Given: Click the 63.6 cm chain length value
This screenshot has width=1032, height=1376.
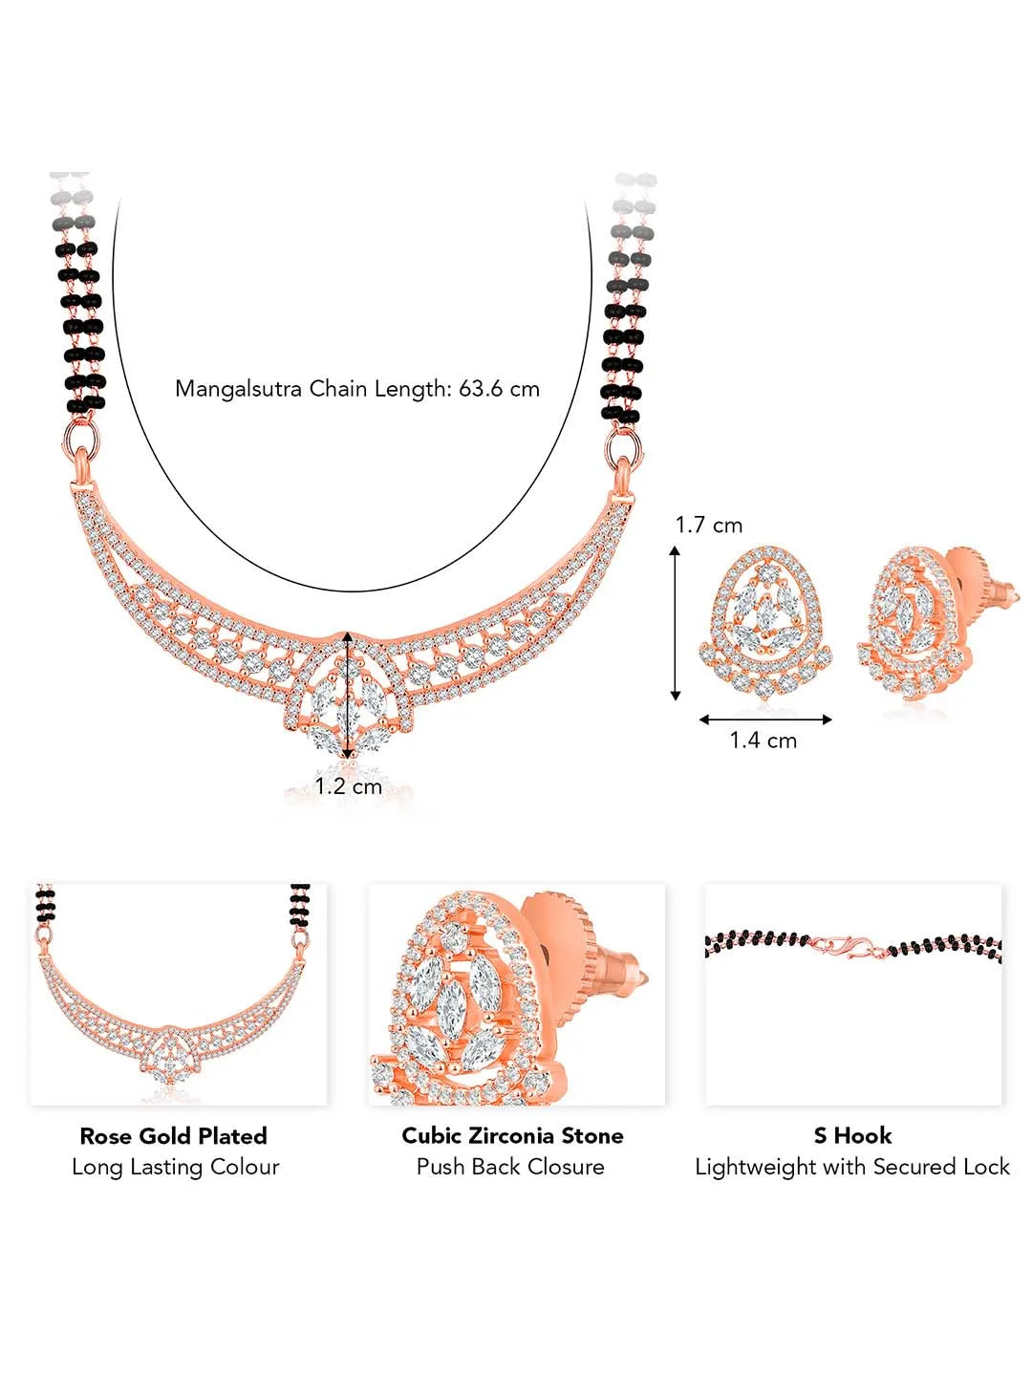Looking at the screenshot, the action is tap(499, 389).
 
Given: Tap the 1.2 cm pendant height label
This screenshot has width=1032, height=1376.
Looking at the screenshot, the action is tap(349, 786).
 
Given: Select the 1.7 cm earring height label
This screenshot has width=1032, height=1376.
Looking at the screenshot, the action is tap(709, 526).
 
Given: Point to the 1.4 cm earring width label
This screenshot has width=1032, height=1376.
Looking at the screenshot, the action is tap(763, 741).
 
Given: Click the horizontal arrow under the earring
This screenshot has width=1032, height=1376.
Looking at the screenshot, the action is tap(765, 720).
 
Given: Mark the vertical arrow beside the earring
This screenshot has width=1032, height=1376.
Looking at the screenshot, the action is tap(675, 623).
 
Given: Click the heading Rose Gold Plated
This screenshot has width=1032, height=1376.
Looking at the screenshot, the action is tap(174, 1135).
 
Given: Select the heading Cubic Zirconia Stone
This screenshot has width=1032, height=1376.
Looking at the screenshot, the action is tap(512, 1135).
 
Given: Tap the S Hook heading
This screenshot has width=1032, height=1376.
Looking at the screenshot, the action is tap(852, 1135).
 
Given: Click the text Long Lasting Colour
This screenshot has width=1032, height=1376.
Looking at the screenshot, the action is tap(176, 1167).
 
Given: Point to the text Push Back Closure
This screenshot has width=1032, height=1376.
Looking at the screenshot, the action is tap(510, 1167).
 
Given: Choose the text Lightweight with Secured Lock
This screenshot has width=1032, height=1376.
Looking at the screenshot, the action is tap(852, 1167).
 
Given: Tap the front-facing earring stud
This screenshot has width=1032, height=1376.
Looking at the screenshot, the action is tap(765, 622).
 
